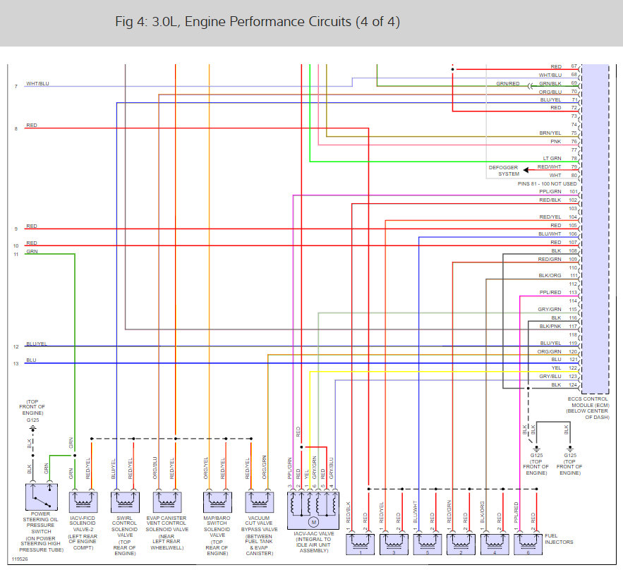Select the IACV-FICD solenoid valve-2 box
tap(83, 502)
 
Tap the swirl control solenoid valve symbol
tap(125, 502)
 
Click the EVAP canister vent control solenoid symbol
tap(167, 502)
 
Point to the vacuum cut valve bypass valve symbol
tap(259, 502)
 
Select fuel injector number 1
tap(361, 544)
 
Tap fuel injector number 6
tap(528, 544)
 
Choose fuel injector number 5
tap(428, 544)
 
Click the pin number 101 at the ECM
tap(574, 192)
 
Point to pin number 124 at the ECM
tap(574, 385)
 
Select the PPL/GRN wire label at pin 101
tap(550, 192)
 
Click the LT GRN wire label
tap(552, 159)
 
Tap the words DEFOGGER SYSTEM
tap(504, 171)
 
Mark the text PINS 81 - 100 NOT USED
tap(547, 183)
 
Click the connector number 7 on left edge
tap(16, 86)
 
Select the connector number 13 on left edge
tap(16, 363)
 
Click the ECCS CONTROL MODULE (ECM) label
tap(588, 408)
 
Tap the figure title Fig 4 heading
tap(258, 22)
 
